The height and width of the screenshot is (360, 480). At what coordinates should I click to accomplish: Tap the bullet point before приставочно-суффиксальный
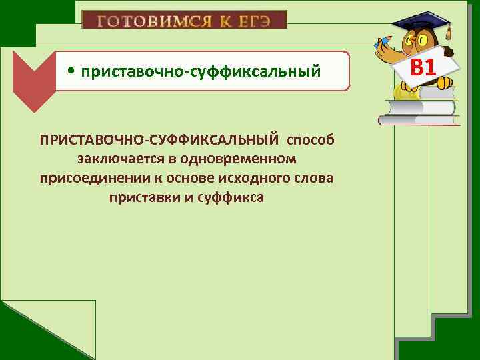(70, 71)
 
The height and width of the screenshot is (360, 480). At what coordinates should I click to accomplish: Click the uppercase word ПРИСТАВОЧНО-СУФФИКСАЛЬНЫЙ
(159, 141)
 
